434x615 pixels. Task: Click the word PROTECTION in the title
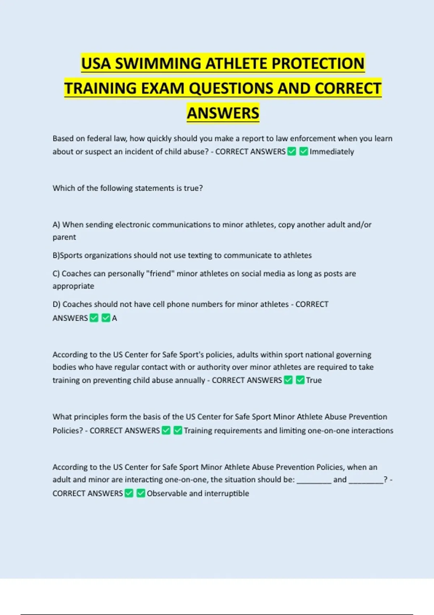(318, 64)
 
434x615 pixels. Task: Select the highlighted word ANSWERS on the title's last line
(223, 113)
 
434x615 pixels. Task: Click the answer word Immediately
(332, 152)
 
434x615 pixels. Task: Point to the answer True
(314, 380)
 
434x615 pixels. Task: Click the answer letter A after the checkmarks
(114, 318)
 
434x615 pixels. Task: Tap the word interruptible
(227, 493)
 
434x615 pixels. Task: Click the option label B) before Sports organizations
(56, 255)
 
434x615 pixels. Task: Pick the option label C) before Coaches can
(56, 274)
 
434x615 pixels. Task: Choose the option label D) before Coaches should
(56, 304)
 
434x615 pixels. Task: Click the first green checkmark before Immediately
(292, 152)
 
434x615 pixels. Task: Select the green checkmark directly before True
(300, 380)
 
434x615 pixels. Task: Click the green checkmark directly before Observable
(141, 493)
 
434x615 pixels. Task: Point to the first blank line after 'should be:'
(314, 480)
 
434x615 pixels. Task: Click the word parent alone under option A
(64, 237)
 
